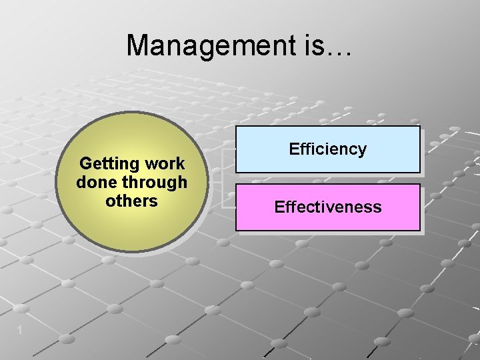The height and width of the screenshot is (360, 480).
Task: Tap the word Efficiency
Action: click(x=327, y=149)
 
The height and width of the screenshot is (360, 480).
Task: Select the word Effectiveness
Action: click(x=327, y=207)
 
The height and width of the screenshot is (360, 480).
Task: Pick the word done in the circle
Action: click(x=95, y=182)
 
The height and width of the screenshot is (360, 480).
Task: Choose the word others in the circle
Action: click(x=131, y=201)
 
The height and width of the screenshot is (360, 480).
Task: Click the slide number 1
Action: click(x=21, y=330)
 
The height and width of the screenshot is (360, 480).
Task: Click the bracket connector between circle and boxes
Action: click(x=223, y=180)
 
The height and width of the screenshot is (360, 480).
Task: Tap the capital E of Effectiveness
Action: click(x=279, y=207)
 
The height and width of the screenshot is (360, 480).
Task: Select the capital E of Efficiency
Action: click(x=293, y=149)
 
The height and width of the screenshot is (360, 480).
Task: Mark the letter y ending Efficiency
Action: click(x=362, y=151)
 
